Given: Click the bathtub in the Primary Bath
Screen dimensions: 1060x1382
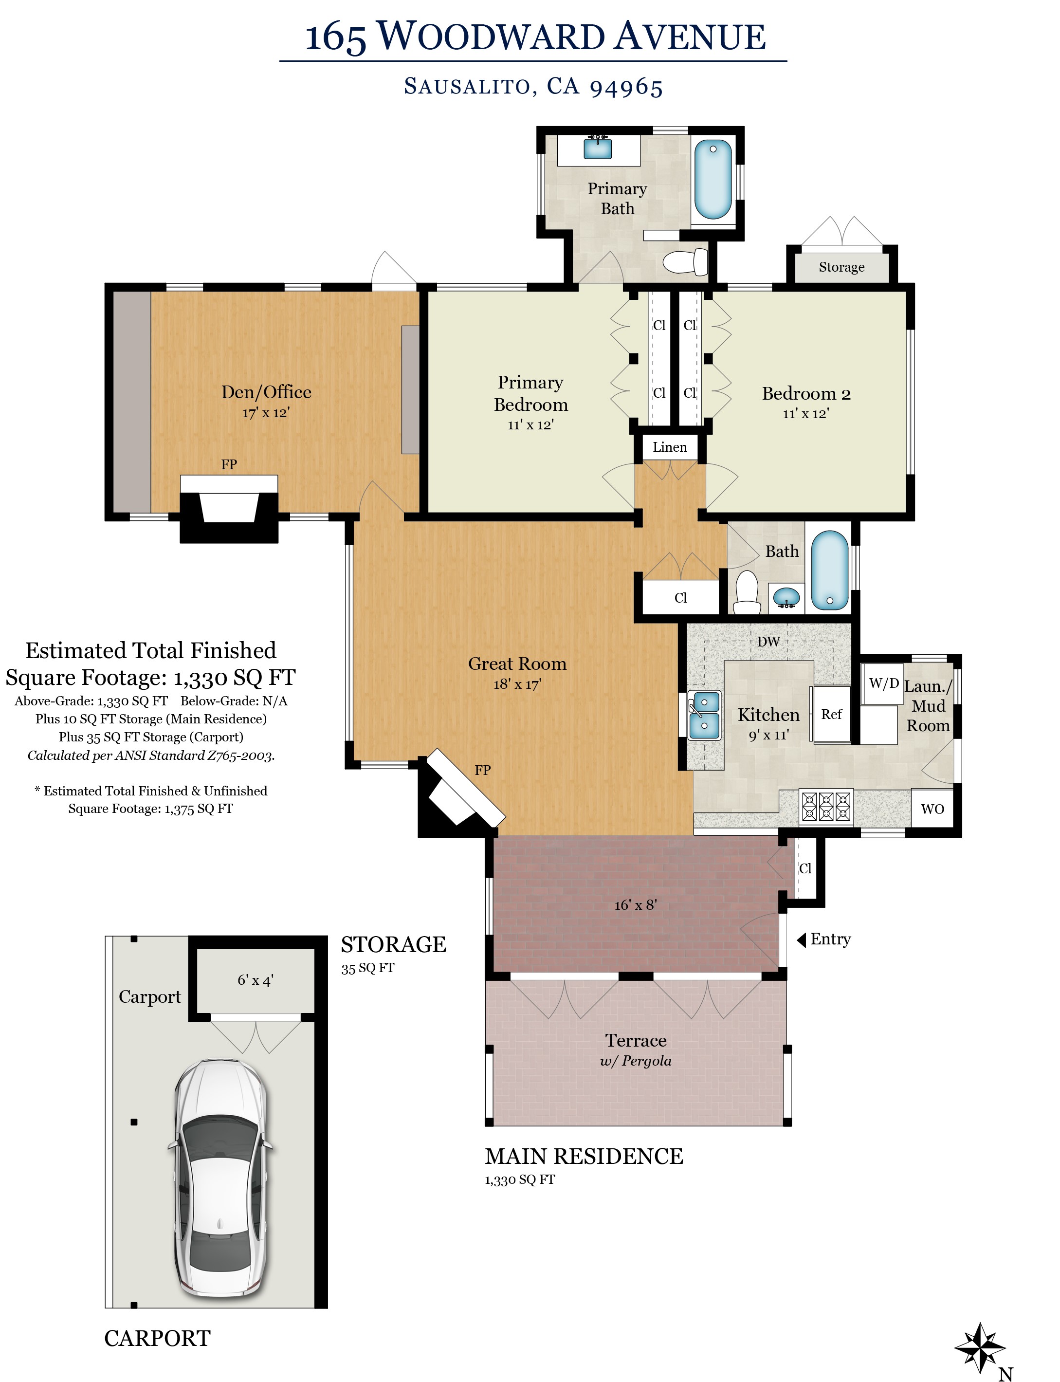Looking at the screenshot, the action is [713, 180].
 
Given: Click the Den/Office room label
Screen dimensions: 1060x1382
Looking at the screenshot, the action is [266, 392].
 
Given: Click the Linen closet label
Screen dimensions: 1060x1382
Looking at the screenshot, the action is [670, 447].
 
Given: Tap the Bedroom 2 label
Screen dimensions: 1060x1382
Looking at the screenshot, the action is [806, 394].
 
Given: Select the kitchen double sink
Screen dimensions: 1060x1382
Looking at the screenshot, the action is [704, 715].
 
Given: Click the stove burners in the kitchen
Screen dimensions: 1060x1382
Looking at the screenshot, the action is [826, 807].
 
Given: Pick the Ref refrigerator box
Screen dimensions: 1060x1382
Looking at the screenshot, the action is [832, 714].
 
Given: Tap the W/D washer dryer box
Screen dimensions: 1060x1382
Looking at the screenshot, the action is [883, 683].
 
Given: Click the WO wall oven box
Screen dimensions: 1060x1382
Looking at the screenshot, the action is [933, 809].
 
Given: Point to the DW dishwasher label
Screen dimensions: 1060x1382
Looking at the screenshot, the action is [768, 642].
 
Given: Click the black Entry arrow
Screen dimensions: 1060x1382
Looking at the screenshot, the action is [801, 940].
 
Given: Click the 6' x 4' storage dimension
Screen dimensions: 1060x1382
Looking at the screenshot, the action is [256, 980].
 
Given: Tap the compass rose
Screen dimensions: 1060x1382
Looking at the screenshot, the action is [979, 1348].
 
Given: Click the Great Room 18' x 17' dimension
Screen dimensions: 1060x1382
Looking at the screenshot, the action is [517, 684].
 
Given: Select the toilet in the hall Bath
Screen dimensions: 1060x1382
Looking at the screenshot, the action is [748, 592].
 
